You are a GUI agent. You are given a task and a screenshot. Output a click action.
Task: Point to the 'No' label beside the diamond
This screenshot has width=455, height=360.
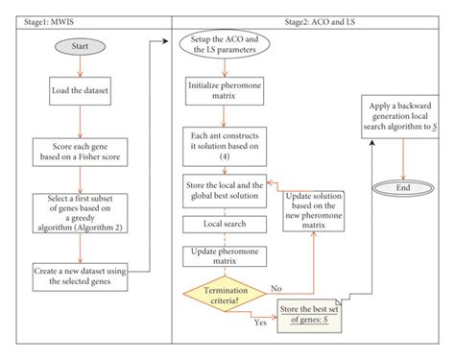click(275, 285)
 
